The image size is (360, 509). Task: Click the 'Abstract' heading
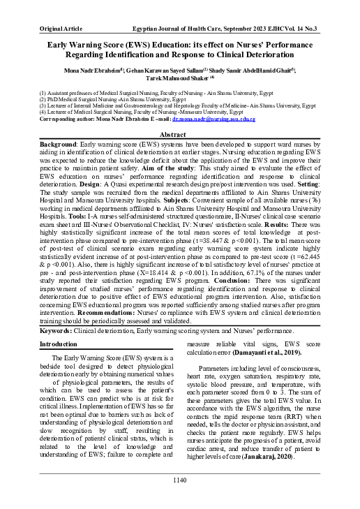click(179, 133)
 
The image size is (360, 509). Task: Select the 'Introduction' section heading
click(59, 344)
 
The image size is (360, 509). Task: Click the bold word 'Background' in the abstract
click(59, 143)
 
